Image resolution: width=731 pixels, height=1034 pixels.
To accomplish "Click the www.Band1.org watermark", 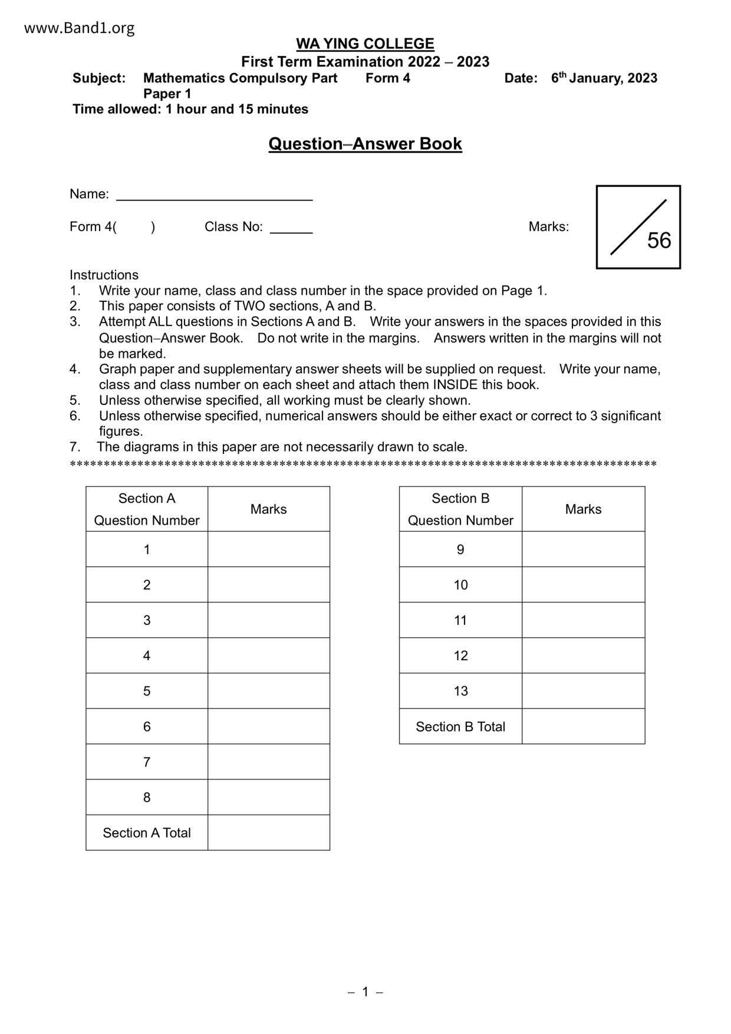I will [80, 28].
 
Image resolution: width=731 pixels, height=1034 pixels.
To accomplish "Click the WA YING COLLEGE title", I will [365, 44].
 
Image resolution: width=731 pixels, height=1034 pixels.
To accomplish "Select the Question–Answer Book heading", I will [365, 144].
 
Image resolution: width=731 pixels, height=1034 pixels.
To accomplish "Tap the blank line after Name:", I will [214, 196].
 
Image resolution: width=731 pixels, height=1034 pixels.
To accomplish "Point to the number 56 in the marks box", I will [659, 241].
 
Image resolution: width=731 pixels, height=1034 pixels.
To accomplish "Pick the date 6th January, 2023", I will [604, 78].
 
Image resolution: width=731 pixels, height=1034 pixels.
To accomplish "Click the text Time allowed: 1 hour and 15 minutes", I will [190, 109].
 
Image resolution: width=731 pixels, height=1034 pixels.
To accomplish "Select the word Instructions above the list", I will [104, 275].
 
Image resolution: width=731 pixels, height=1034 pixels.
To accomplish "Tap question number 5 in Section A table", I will [147, 691].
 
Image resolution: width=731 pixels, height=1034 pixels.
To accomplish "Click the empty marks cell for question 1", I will [269, 549].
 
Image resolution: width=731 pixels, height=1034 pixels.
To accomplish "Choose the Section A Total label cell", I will [147, 832].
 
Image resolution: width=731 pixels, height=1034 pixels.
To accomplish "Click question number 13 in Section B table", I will [460, 691].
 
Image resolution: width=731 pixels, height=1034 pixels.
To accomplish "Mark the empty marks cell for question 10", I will [583, 585].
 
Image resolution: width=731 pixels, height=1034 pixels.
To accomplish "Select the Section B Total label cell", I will [460, 726].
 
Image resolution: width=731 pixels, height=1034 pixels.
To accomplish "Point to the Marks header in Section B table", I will [583, 509].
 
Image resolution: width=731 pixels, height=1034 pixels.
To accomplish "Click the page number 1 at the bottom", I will [365, 992].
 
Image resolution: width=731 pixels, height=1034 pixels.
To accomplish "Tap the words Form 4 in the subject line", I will [387, 78].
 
